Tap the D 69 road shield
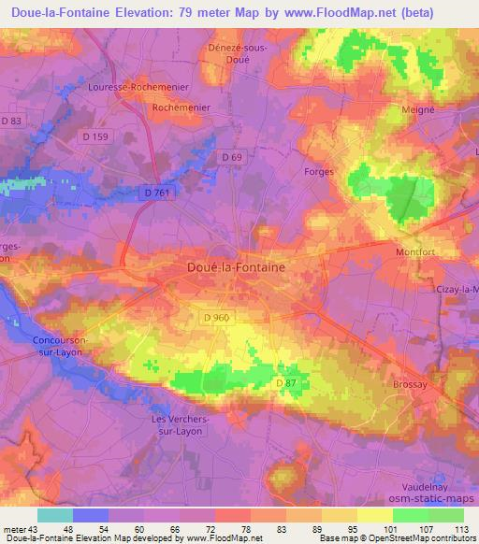point(231,157)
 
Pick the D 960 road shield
point(215,319)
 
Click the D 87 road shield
point(286,383)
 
